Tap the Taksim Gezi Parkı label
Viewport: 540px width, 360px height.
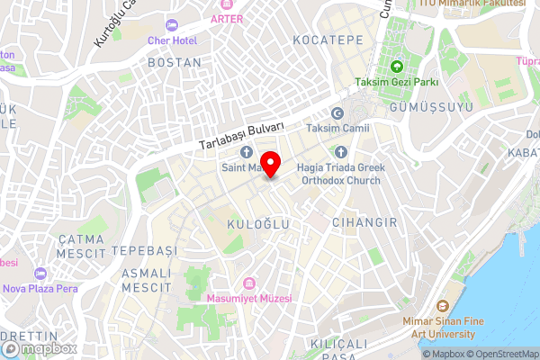[409, 82]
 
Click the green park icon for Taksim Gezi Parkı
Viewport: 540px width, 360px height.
[397, 66]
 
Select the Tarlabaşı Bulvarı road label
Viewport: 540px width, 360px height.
[241, 135]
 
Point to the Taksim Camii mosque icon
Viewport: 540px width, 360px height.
[338, 113]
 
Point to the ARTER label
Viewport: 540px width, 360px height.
[228, 18]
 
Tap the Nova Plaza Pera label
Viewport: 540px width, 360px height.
[40, 289]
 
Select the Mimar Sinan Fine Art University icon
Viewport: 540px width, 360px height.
[442, 309]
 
